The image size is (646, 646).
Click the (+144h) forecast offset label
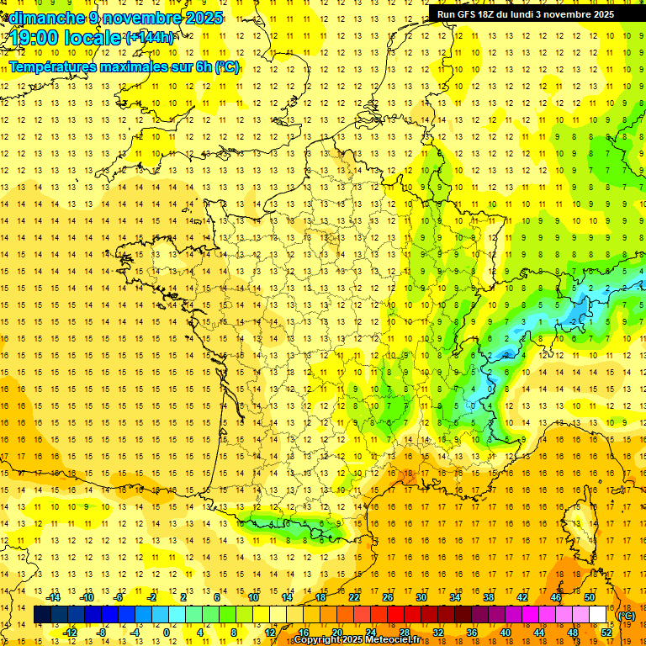point(150,38)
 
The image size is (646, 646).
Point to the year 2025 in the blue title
point(205,19)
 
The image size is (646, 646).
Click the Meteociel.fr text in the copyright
point(395,639)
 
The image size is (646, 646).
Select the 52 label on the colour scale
point(606,632)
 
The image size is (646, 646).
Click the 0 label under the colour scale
point(166,632)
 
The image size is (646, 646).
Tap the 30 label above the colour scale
point(421,597)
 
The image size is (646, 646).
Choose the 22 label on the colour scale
point(354,597)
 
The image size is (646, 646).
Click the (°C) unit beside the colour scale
point(626,615)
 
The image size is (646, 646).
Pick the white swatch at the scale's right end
point(598,615)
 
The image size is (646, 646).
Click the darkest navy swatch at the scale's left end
point(43,615)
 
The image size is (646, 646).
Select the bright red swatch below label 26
point(396,615)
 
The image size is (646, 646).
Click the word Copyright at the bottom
point(316,639)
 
